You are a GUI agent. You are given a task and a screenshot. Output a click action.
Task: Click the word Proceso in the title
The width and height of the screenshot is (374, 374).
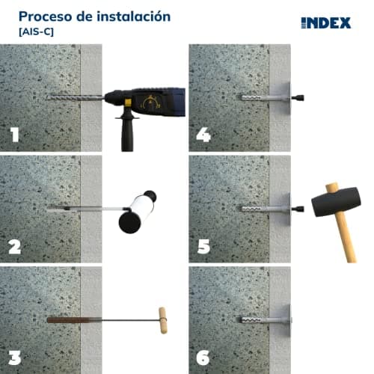tap(43, 16)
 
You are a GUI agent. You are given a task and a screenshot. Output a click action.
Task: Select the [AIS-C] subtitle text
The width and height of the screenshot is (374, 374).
tap(36, 32)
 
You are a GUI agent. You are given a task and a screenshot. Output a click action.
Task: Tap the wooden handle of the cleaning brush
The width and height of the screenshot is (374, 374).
tap(160, 320)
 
